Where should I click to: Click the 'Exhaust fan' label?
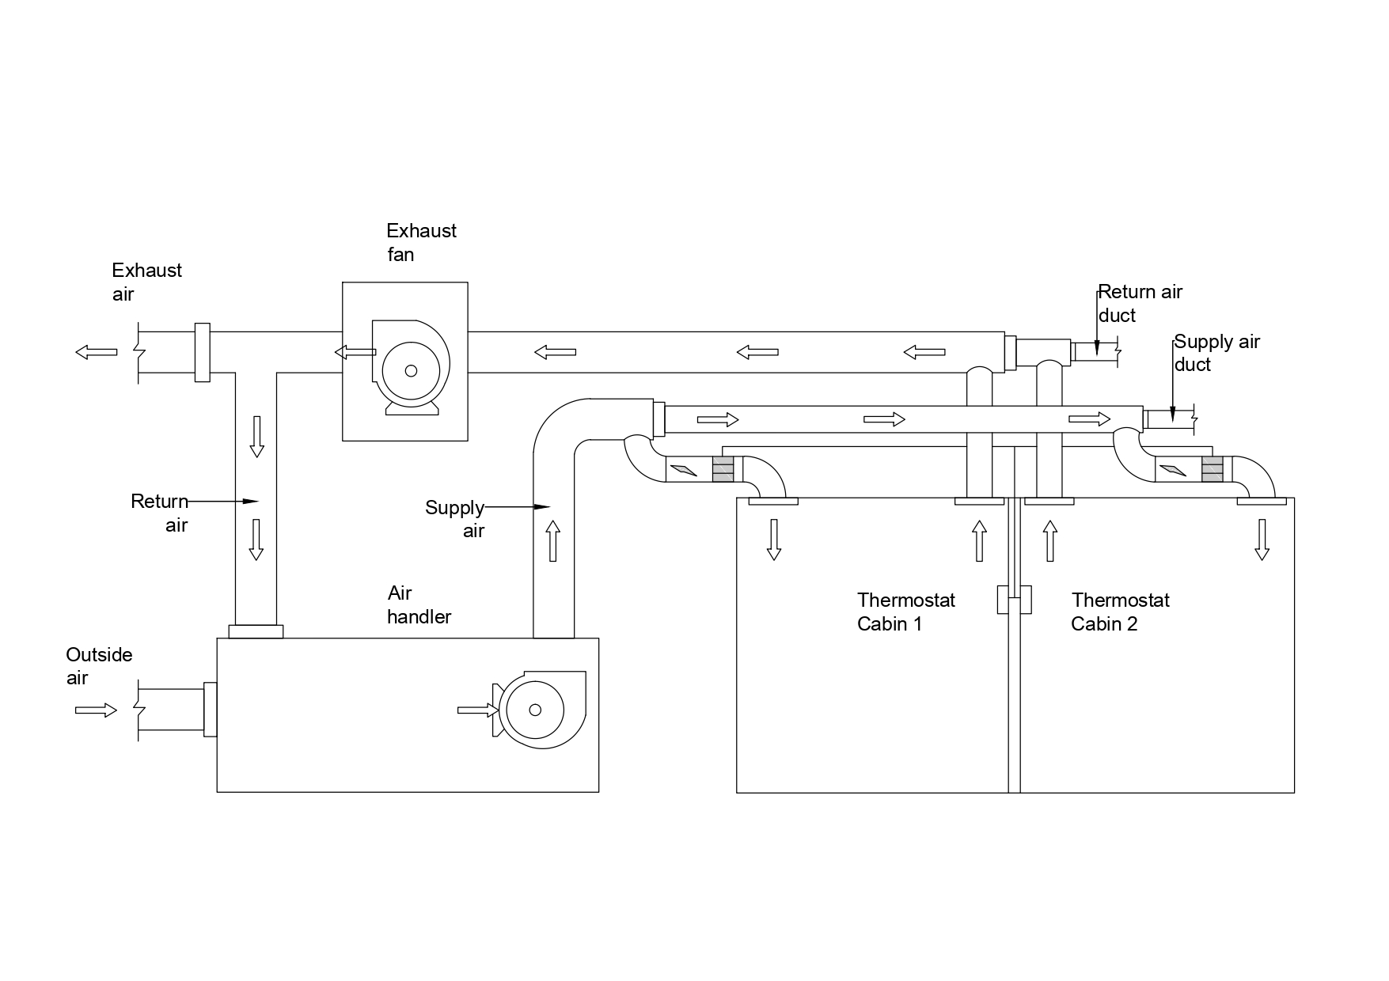point(421,242)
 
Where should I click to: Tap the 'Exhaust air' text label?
point(146,282)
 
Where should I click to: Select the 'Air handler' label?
point(419,604)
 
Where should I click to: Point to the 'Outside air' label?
point(99,666)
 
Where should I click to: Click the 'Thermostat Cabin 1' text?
point(906,612)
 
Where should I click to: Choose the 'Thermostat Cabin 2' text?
point(1120,612)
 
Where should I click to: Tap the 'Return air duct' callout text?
point(1140,303)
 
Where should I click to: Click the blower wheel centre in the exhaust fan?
point(411,370)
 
